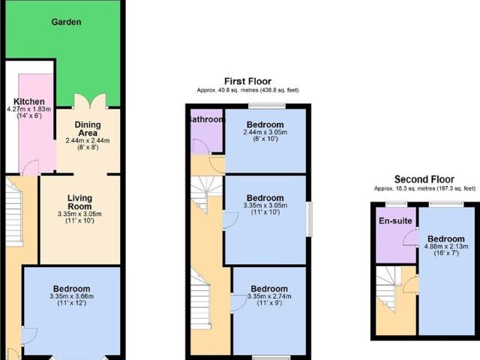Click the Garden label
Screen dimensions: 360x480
(x=66, y=22)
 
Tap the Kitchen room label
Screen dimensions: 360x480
(x=29, y=102)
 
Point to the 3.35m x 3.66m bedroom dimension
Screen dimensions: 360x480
(x=71, y=298)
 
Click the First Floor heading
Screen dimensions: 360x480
(x=247, y=81)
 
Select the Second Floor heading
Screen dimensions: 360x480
(x=424, y=180)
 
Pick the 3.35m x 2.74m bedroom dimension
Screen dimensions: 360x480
(x=269, y=298)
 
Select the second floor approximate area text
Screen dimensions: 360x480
(x=424, y=189)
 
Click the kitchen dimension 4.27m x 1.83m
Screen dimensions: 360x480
(x=29, y=111)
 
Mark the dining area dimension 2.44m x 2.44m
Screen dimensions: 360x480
(x=88, y=140)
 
